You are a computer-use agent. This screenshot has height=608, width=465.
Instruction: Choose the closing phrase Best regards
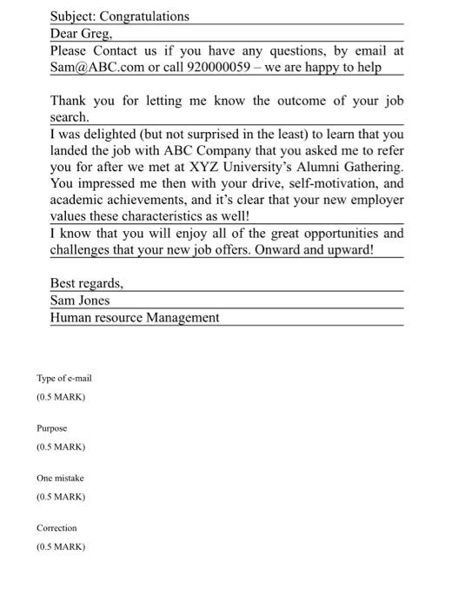point(87,284)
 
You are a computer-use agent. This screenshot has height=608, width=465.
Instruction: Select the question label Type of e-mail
point(63,379)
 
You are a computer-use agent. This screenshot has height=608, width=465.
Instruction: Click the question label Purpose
point(51,428)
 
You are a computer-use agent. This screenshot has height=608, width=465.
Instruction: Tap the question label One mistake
point(60,479)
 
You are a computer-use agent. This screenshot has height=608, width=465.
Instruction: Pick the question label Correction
point(56,528)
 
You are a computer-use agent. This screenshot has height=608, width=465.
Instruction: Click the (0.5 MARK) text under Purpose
point(61,447)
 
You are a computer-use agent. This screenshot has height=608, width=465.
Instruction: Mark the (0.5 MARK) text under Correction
point(61,547)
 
